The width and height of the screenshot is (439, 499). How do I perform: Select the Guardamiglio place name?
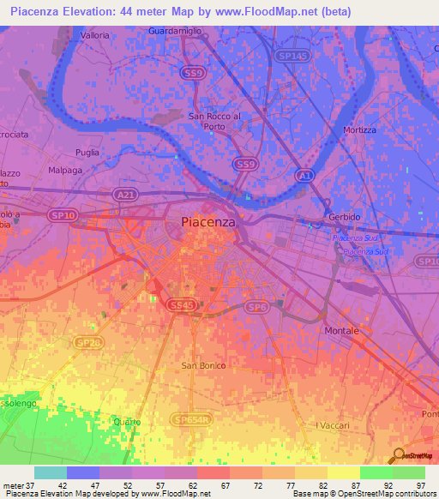coord(177,32)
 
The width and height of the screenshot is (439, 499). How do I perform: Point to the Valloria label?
coord(94,35)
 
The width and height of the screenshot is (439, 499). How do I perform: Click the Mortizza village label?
coord(360,129)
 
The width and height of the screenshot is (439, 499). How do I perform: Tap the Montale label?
coord(341,330)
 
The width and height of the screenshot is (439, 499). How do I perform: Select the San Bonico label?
coord(201,365)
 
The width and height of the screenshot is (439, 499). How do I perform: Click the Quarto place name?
coord(126,421)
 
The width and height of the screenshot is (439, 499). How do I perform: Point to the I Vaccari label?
coord(331,425)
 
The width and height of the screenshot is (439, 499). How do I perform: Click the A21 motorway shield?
coord(124,195)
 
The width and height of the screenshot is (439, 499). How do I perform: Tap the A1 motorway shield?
coord(304,174)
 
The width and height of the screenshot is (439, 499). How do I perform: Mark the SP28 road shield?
coord(87,343)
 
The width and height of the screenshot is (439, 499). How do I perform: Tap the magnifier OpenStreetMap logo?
coord(397,456)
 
